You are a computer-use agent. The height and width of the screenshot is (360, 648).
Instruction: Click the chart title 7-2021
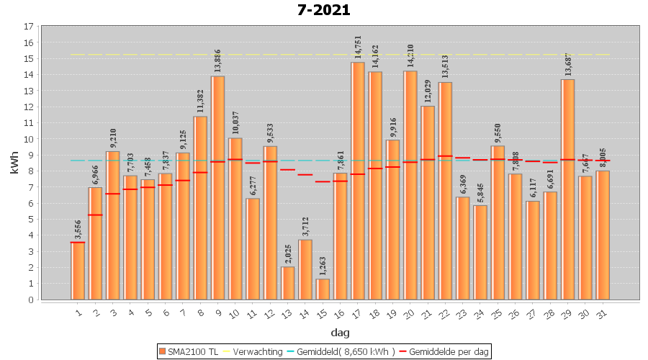pos(323,10)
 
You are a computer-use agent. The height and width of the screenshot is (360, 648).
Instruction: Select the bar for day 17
pos(358,180)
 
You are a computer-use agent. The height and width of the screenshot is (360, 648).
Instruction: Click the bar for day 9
pos(217,187)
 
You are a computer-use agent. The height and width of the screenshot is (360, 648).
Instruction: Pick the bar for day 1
pos(78,271)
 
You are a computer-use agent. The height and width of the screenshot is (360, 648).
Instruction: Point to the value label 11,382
pos(200,102)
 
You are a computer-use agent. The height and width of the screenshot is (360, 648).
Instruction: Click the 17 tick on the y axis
pos(29,27)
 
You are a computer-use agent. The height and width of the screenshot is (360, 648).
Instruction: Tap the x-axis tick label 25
pos(497,314)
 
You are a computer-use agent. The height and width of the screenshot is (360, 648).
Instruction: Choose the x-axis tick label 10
pos(234,314)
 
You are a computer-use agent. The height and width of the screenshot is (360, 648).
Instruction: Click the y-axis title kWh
pos(15,163)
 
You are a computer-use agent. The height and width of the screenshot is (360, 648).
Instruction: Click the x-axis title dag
pos(341,332)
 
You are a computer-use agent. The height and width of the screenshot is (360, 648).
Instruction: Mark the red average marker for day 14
pos(305,175)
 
